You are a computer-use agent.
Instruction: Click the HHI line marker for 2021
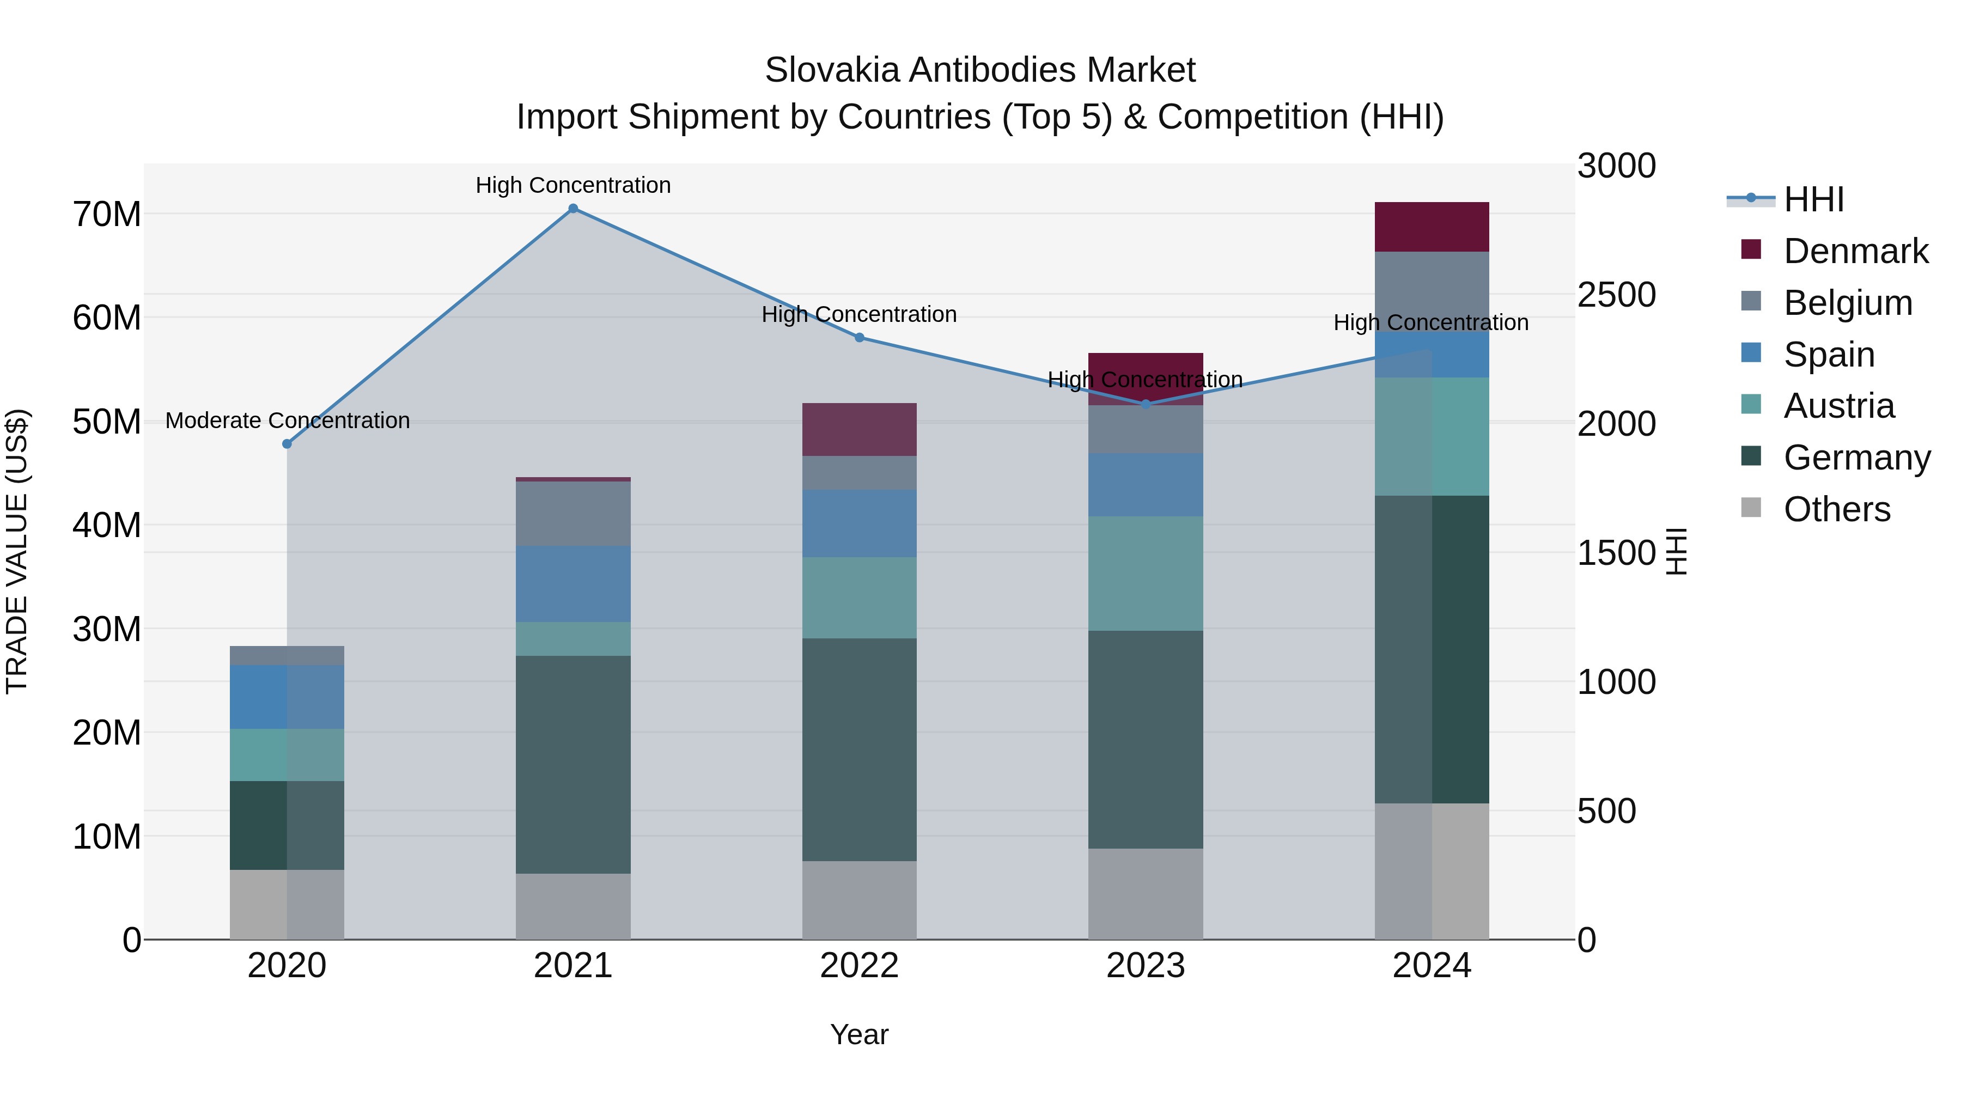(x=573, y=209)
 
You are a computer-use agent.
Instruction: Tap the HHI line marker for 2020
(x=287, y=444)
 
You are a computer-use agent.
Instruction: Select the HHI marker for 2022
(x=860, y=337)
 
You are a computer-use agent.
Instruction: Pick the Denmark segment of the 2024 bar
(x=1431, y=227)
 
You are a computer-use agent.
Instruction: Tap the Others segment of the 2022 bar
(x=860, y=900)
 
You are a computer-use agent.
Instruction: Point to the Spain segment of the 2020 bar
(x=287, y=697)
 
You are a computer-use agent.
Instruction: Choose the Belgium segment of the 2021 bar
(x=573, y=513)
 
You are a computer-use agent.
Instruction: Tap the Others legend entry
(x=1836, y=509)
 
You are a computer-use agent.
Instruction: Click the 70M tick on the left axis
(x=107, y=215)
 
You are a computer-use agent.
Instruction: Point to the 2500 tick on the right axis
(x=1616, y=295)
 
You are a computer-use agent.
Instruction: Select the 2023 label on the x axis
(x=1145, y=966)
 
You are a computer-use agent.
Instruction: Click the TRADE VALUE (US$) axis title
(x=17, y=551)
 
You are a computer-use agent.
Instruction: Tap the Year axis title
(x=860, y=1034)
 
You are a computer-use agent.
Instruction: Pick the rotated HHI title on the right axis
(x=1676, y=551)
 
